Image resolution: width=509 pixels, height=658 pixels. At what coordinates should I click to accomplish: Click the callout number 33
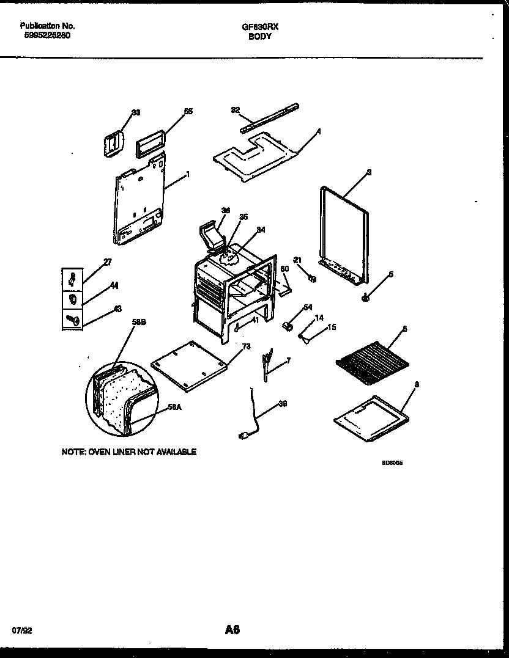click(x=136, y=112)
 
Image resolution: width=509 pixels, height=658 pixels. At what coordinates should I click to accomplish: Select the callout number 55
click(x=188, y=111)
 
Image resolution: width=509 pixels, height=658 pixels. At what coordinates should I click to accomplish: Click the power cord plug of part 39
click(x=243, y=435)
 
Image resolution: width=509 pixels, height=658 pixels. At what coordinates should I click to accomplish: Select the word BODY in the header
click(x=260, y=37)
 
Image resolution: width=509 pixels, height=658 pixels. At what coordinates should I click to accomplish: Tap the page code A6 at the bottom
click(x=232, y=629)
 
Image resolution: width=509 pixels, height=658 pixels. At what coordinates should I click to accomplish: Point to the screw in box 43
click(x=72, y=319)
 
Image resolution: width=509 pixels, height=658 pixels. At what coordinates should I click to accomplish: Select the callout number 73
click(x=247, y=347)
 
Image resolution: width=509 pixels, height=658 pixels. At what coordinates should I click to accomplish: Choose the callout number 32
click(x=235, y=110)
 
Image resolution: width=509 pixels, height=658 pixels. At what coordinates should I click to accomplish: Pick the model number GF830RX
click(x=261, y=27)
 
